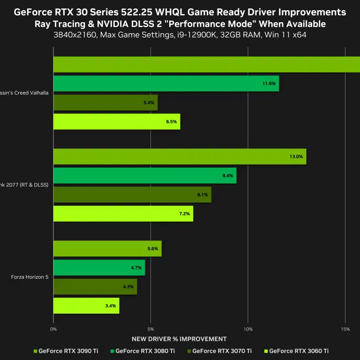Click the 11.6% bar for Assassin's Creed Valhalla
(166, 83)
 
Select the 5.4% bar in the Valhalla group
(105, 103)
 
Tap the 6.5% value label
(171, 122)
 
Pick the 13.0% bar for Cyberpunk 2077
(180, 157)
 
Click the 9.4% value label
(228, 176)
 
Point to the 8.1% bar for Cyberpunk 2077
(132, 195)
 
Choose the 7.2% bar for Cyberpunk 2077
(123, 214)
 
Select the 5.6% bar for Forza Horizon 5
(107, 249)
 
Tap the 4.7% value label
(136, 268)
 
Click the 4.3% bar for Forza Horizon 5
(95, 287)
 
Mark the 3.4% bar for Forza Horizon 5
(86, 306)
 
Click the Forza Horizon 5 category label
(30, 277)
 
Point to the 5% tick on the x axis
(150, 329)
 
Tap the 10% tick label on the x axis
(248, 329)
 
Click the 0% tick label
(53, 329)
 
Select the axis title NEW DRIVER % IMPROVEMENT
(179, 339)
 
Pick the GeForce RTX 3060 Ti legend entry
(299, 351)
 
